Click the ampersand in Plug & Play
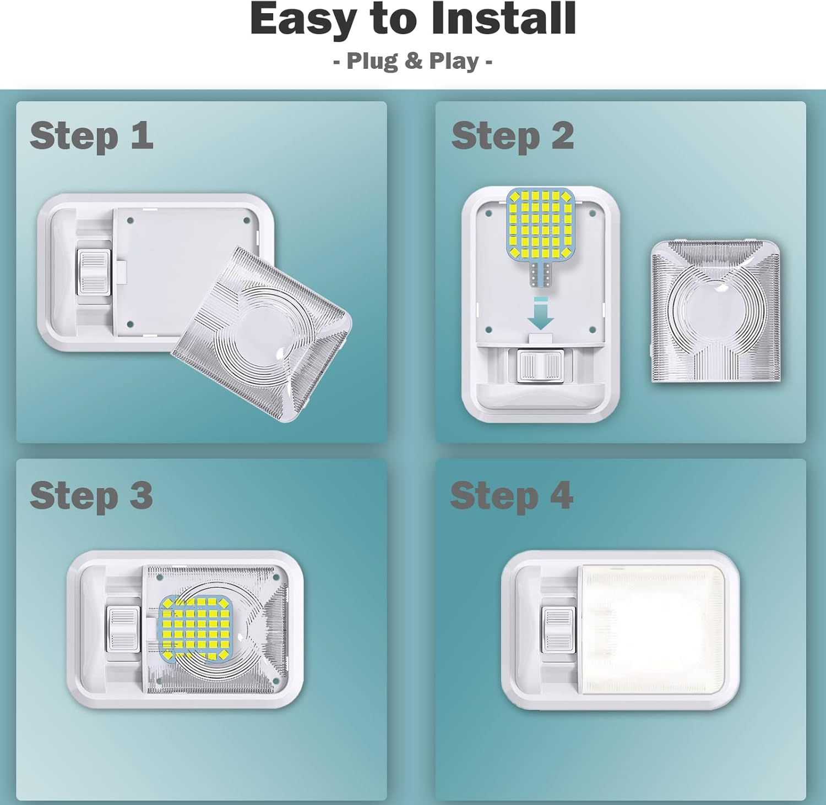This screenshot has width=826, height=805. click(413, 61)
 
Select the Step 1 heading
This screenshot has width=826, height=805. click(91, 136)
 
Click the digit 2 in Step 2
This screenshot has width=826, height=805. click(562, 136)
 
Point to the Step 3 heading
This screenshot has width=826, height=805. click(91, 495)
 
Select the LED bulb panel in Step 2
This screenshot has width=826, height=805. click(540, 223)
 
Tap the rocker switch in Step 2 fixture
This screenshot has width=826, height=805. click(540, 366)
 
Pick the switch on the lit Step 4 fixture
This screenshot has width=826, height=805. click(558, 630)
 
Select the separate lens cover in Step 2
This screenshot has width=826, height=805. click(715, 311)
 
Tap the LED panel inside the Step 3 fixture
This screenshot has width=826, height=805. click(195, 628)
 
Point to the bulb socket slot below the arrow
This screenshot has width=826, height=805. click(540, 338)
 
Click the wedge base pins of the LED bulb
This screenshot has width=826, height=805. click(540, 273)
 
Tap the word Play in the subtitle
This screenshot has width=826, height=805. click(454, 61)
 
